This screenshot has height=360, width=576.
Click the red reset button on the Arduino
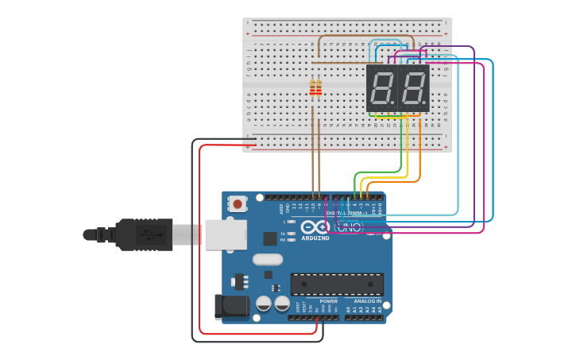pos(237,204)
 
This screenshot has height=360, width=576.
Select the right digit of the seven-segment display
pos(413,87)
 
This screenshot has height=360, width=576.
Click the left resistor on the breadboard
pos(312,88)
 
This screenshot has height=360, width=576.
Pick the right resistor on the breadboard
pos(319,88)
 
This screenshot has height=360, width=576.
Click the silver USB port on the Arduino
pos(225,235)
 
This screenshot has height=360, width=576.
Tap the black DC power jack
pos(230,307)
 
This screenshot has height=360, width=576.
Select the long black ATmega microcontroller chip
pos(337,284)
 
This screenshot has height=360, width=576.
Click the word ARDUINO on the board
pos(315,238)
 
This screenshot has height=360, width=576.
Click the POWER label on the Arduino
pos(328,301)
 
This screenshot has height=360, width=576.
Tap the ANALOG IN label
pos(367,301)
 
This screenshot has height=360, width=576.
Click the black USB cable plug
pos(144,234)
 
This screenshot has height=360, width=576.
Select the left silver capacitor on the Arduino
pos(262,304)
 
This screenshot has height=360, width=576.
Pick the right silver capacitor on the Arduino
pos(282,304)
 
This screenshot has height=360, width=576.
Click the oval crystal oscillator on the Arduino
pos(268,259)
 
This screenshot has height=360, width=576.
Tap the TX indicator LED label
pos(283,233)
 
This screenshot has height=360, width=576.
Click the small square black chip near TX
pos(270,238)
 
